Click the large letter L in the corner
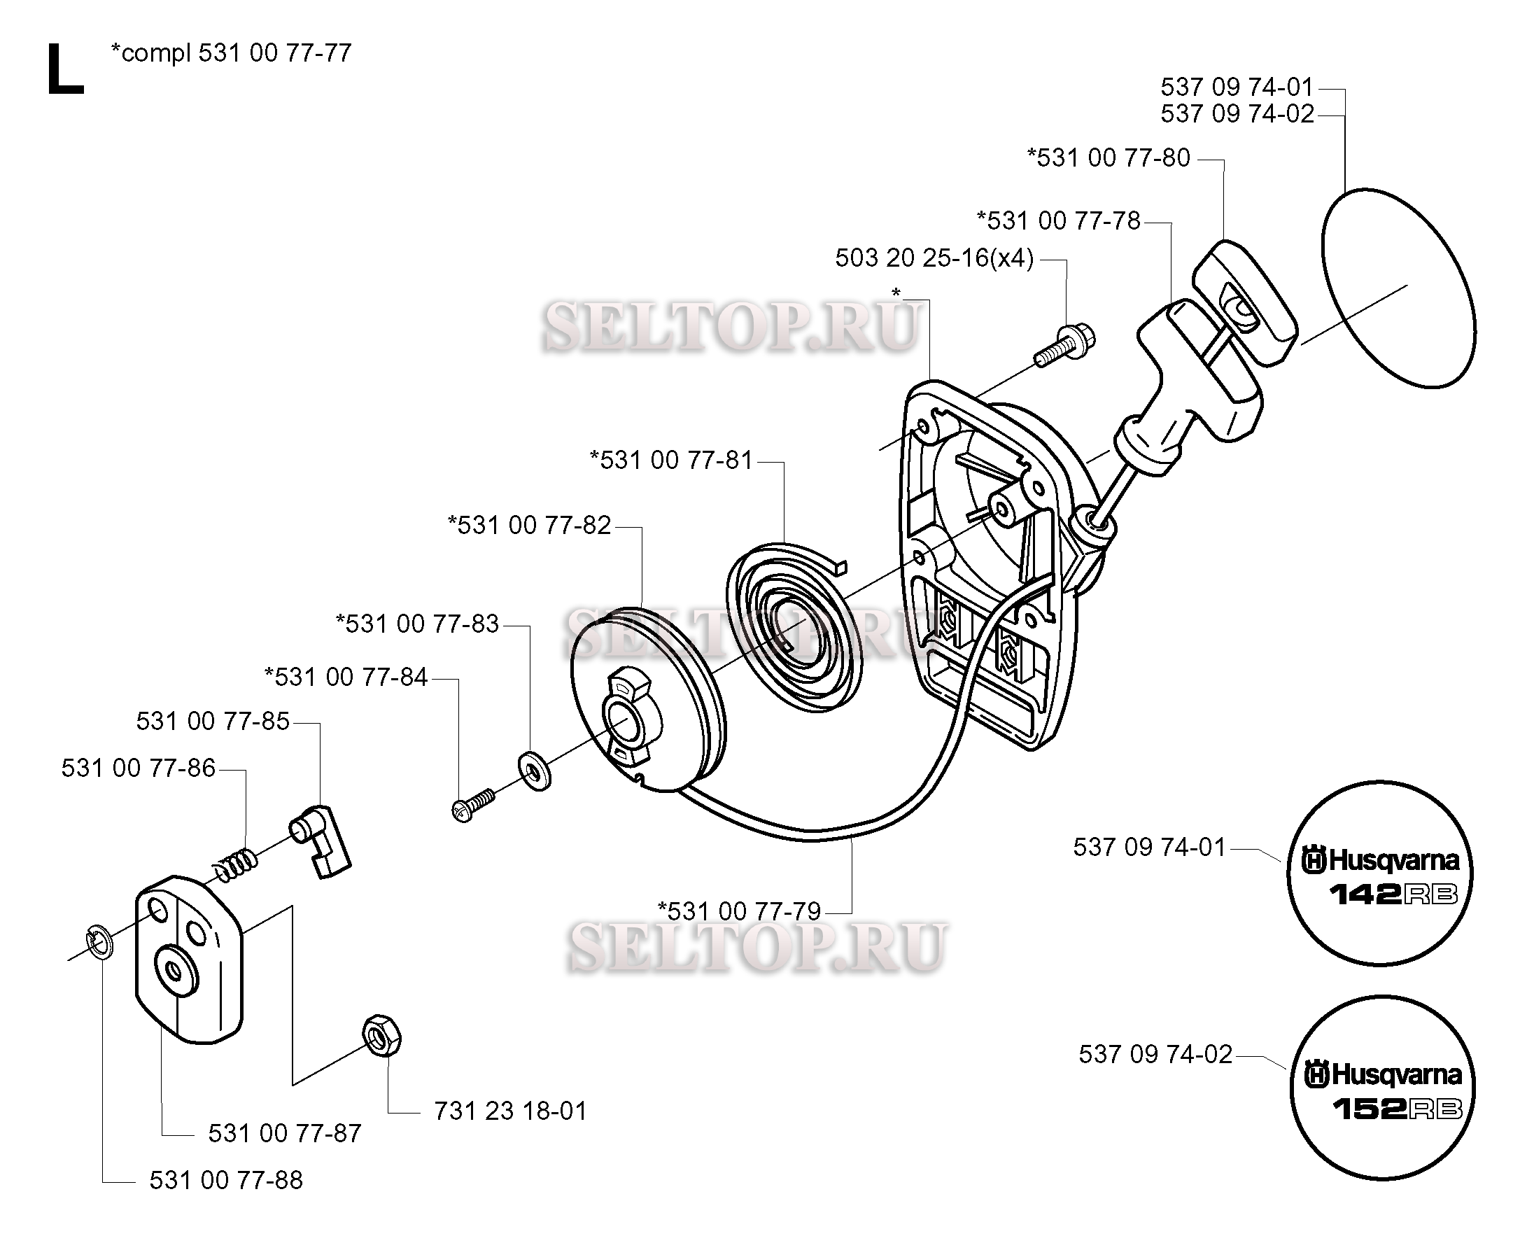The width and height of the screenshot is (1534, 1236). coord(64,70)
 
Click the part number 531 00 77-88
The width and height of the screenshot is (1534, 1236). coord(225,1180)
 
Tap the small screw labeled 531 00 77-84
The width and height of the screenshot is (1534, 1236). coord(471,806)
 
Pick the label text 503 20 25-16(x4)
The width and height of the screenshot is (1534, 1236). coord(934,258)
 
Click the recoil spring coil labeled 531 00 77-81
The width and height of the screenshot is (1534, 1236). coord(797,626)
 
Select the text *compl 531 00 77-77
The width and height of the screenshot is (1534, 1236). coord(231,53)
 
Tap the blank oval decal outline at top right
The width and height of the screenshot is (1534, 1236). coord(1398,288)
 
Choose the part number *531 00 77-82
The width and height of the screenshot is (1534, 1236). coord(529,526)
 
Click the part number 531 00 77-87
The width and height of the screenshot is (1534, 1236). coord(285,1132)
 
